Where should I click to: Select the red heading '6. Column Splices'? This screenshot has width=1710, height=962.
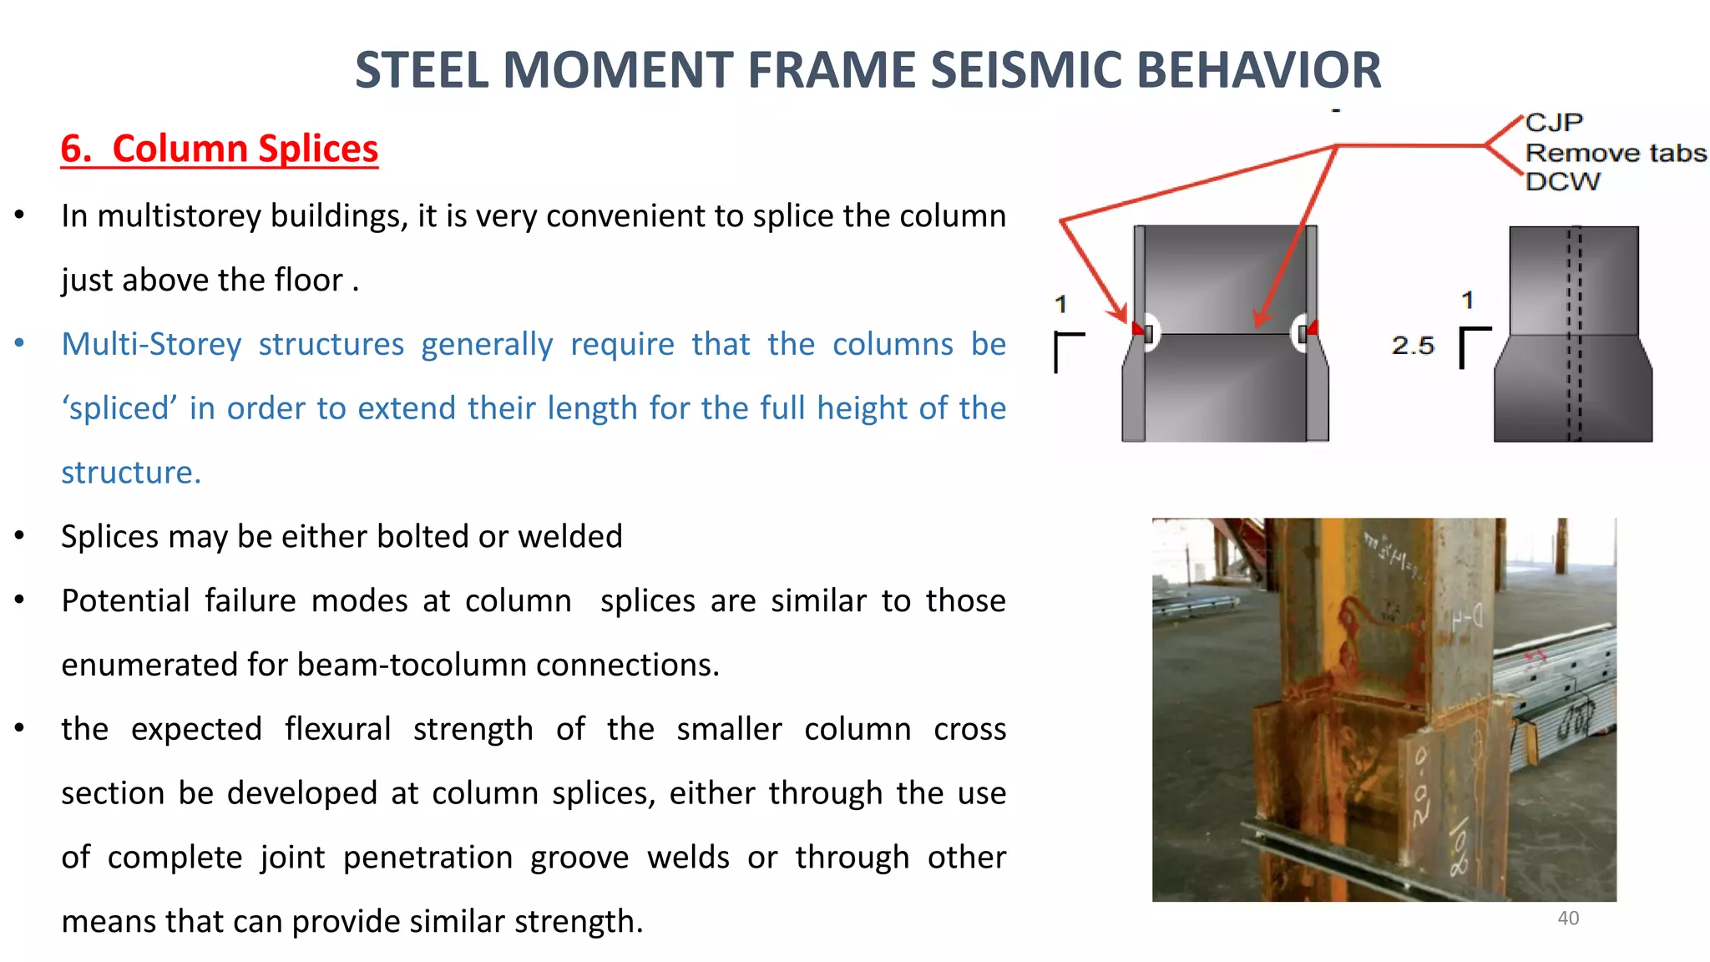tap(220, 149)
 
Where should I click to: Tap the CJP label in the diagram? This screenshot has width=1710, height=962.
tap(1554, 123)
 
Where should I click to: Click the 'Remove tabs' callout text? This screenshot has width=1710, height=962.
tap(1616, 153)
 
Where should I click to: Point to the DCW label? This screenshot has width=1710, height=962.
tap(1562, 182)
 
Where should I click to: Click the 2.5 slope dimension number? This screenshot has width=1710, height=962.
tap(1413, 345)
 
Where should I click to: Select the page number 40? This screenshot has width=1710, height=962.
tap(1568, 919)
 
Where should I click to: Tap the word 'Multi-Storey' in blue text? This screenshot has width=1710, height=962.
tap(151, 344)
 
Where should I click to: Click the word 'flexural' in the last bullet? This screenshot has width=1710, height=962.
tap(337, 729)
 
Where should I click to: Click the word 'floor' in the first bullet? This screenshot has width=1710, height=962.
tap(307, 281)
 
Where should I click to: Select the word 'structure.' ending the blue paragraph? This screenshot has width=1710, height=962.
tap(131, 473)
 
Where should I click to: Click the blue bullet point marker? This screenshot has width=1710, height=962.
tap(19, 343)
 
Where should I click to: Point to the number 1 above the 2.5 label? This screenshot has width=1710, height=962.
tap(1468, 300)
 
